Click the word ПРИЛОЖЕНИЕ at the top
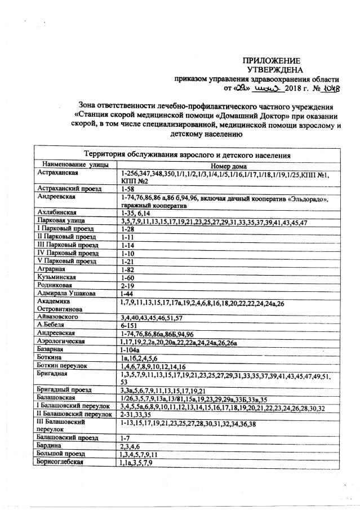[x=272, y=60]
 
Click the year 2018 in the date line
[x=294, y=88]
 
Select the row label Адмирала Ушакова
[x=65, y=294]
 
